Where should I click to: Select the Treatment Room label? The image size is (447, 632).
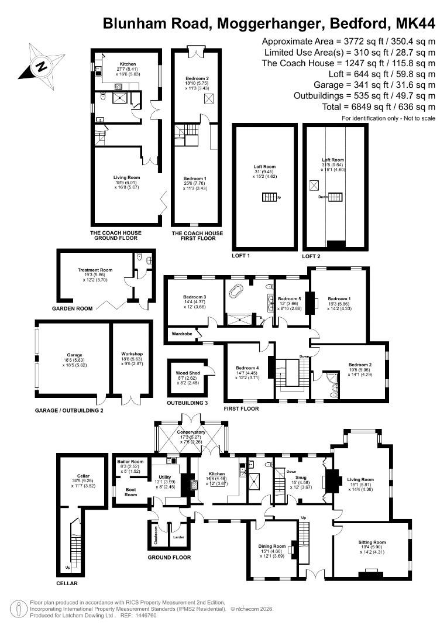click(95, 270)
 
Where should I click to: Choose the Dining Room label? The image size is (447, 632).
click(271, 547)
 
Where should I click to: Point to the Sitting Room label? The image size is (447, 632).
click(372, 542)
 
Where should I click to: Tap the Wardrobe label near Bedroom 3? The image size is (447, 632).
click(182, 334)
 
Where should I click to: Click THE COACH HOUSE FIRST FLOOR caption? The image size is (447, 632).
click(197, 236)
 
